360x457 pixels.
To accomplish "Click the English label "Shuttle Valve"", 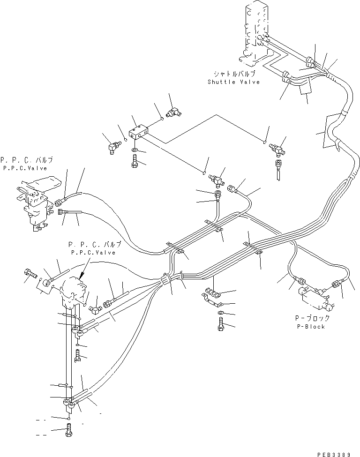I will [233, 82].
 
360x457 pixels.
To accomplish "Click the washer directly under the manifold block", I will [135, 151].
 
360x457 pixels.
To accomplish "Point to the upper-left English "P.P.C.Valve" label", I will [24, 168].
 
